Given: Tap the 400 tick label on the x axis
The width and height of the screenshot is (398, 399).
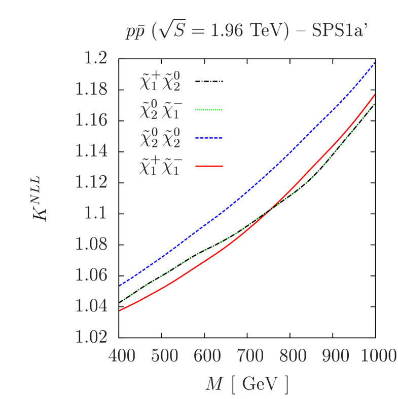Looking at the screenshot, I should pyautogui.click(x=122, y=356).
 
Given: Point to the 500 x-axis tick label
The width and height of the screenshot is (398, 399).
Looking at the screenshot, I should pyautogui.click(x=164, y=356).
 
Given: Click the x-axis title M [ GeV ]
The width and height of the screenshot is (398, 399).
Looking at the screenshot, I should pyautogui.click(x=247, y=385).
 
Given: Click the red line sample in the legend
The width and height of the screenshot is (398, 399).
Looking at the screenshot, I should pyautogui.click(x=209, y=166).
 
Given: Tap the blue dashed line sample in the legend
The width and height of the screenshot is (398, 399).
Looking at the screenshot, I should pyautogui.click(x=209, y=138).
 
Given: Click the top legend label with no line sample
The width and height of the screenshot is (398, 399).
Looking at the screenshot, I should pyautogui.click(x=160, y=82).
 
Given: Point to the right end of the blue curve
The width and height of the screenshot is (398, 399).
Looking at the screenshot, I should pyautogui.click(x=374, y=62).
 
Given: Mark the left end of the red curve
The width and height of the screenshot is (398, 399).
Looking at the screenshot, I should pyautogui.click(x=120, y=310).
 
